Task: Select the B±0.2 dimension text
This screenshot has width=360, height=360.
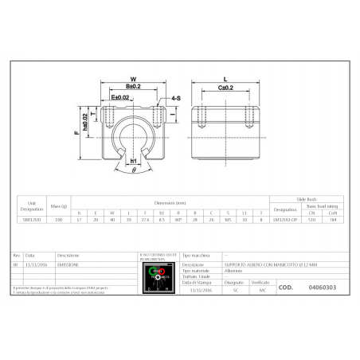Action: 132,87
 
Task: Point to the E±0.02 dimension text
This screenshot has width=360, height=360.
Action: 121,96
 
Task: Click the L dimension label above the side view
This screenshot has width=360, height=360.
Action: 225,78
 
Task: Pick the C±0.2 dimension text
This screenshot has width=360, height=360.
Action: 225,87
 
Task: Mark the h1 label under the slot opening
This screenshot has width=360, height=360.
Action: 132,161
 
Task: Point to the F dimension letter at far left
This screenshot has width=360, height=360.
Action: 76,134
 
